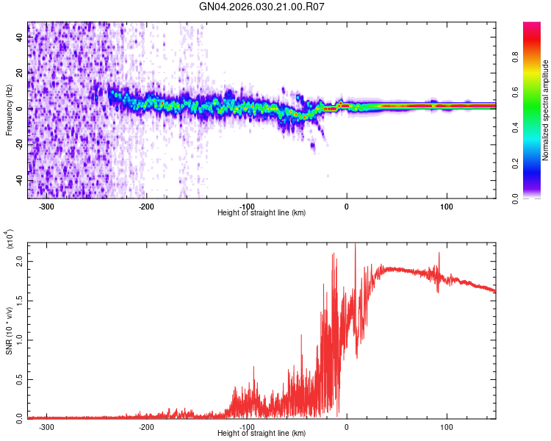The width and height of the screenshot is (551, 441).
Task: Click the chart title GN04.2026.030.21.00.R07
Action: pyautogui.click(x=262, y=7)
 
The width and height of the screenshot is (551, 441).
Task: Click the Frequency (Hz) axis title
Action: pyautogui.click(x=8, y=110)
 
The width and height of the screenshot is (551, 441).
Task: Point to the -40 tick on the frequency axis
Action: pyautogui.click(x=20, y=180)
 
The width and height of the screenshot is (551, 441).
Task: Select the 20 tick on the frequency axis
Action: pyautogui.click(x=20, y=73)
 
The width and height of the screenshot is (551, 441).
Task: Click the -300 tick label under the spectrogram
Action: pyautogui.click(x=46, y=206)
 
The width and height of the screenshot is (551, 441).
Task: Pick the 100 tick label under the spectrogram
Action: pyautogui.click(x=446, y=206)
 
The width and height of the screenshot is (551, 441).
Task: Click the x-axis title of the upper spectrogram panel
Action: pyautogui.click(x=262, y=212)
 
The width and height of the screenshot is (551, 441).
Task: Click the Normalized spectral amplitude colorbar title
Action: pyautogui.click(x=546, y=110)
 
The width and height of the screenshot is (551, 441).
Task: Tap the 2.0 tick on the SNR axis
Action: pyautogui.click(x=20, y=262)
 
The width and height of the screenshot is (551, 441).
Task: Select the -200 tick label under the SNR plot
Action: pyautogui.click(x=146, y=426)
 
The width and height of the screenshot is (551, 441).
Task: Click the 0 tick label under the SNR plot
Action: pyautogui.click(x=347, y=426)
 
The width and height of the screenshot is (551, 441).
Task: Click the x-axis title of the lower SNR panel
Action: pyautogui.click(x=262, y=434)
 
